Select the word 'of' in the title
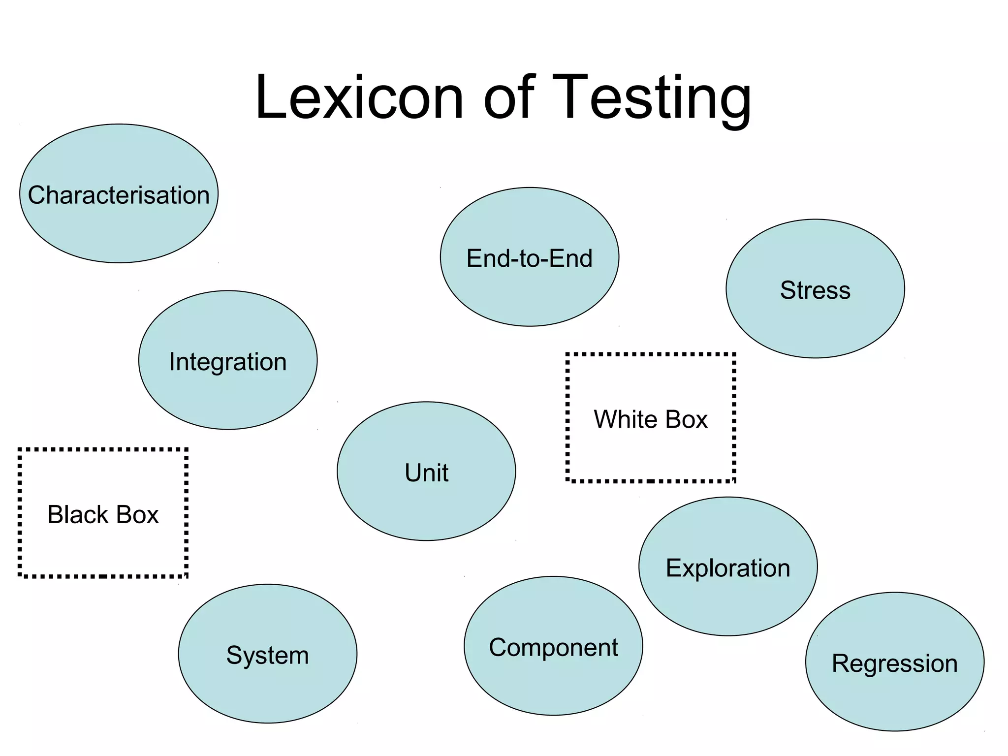(x=509, y=97)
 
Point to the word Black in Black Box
(x=77, y=515)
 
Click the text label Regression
(x=895, y=663)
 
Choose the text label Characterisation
(x=119, y=195)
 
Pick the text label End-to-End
(x=530, y=258)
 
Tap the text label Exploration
(x=728, y=568)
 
